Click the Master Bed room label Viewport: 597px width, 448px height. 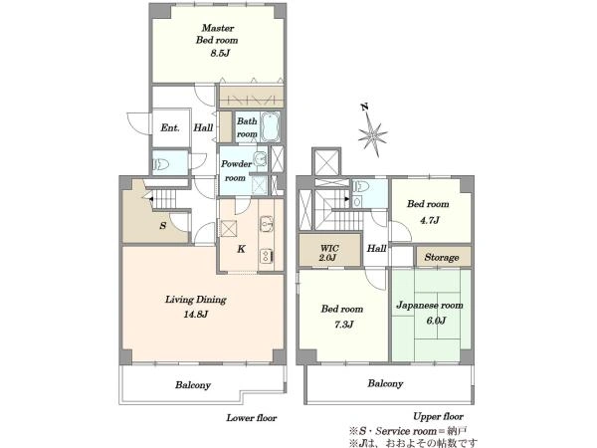pos(217,34)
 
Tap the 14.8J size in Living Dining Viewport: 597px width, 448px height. pos(196,315)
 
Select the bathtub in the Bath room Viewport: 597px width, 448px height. pos(271,126)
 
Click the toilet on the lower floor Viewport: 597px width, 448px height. pos(160,164)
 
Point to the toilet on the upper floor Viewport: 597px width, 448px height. pos(361,187)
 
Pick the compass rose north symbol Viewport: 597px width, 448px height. pos(373,134)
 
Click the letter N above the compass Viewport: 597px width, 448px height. pos(365,108)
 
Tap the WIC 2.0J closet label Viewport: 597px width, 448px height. pos(329,253)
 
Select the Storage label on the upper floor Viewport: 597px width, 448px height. pos(442,258)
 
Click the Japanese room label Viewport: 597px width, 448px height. pos(430,306)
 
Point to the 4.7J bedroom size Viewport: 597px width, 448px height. pos(430,220)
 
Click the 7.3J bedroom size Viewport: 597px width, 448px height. pos(344,325)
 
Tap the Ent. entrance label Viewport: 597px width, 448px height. pos(170,127)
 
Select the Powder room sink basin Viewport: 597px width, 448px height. pos(261,157)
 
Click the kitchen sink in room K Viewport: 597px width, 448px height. pos(266,224)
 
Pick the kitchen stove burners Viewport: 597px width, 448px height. pos(266,255)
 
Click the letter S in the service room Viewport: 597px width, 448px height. pos(163,226)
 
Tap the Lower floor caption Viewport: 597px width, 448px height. pos(252,418)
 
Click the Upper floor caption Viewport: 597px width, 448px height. pos(438,417)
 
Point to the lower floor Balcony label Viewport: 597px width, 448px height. pos(193,385)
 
